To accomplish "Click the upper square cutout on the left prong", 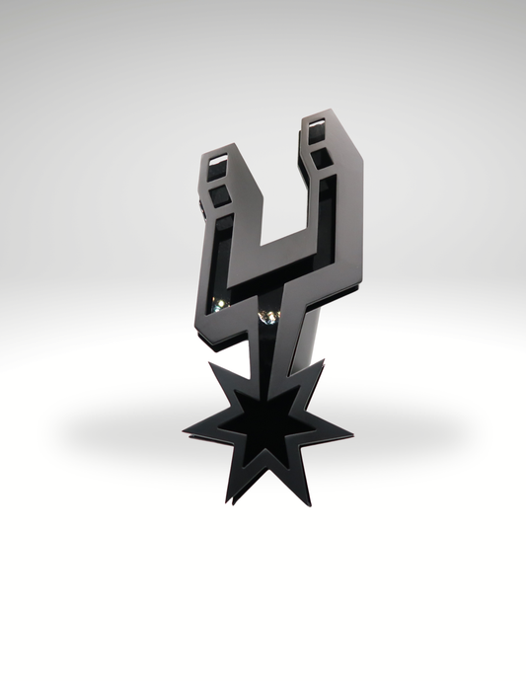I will (x=220, y=161).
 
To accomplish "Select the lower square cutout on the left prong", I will (x=219, y=197).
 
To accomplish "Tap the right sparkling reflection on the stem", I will (x=267, y=316).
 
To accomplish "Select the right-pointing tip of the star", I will (x=350, y=432).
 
